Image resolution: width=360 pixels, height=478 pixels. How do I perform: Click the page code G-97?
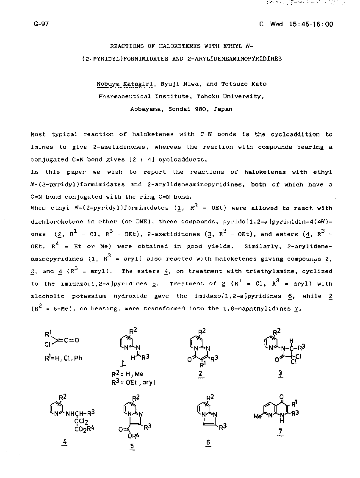(41, 24)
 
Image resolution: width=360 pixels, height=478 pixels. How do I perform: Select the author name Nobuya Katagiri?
(120, 84)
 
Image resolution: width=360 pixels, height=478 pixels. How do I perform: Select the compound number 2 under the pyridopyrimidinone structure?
(200, 373)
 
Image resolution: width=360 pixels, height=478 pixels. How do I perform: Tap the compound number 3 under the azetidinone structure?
(280, 373)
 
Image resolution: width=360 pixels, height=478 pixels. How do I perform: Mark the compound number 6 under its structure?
(208, 443)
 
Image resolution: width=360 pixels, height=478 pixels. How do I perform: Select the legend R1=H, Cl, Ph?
(64, 358)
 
